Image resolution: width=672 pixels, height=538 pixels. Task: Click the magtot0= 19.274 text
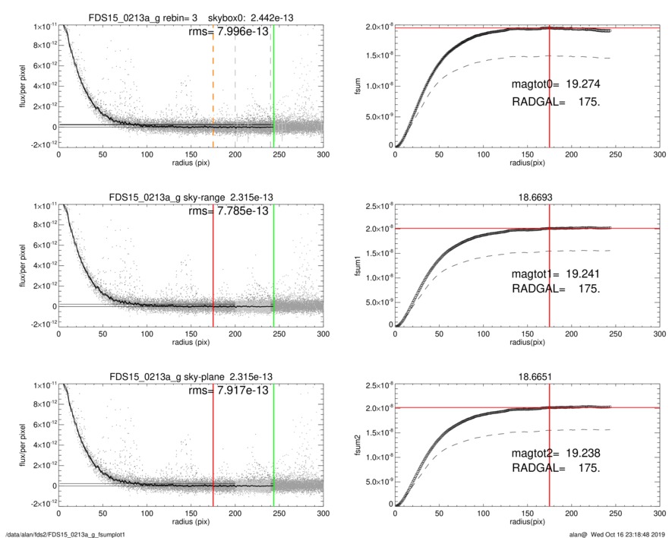(557, 85)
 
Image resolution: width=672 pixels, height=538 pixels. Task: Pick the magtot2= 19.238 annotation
(557, 454)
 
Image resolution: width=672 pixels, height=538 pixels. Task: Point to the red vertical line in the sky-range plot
(213, 266)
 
